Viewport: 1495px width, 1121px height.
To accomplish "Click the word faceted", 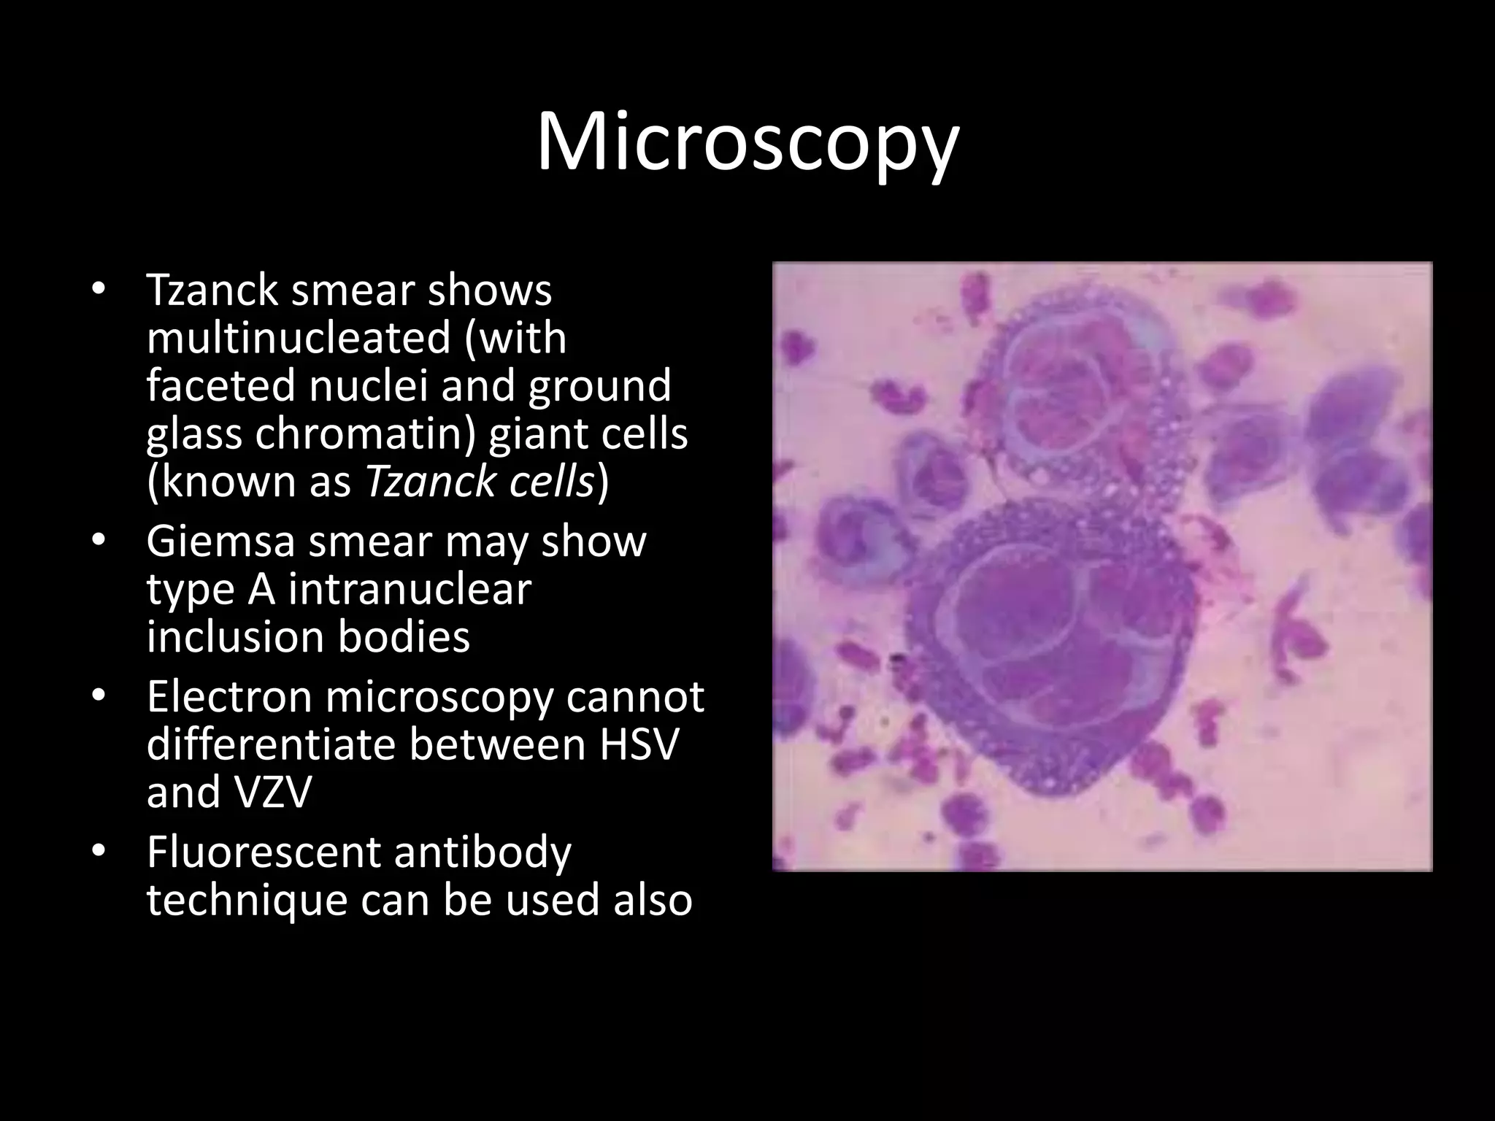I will (220, 385).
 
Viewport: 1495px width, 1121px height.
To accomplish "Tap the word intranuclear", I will (410, 590).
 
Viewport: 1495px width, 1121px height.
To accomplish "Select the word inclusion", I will (234, 636).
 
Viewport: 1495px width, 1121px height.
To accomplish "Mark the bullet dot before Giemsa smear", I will (100, 542).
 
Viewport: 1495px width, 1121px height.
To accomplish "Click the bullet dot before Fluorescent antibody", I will (100, 852).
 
